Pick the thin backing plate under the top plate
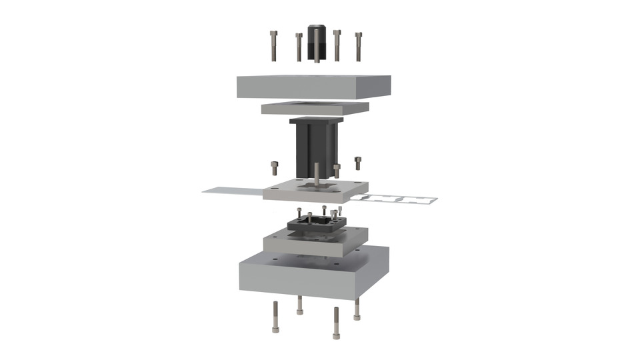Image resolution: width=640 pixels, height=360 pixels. point(315,107)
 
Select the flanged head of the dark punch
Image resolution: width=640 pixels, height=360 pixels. point(316,121)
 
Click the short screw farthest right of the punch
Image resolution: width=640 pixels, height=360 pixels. point(358,163)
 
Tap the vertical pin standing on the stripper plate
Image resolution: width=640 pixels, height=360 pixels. point(316,172)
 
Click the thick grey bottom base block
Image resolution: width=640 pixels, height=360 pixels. point(313,277)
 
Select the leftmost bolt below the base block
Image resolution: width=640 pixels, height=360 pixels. point(275,317)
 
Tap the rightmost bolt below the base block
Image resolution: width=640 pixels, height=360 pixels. point(357,309)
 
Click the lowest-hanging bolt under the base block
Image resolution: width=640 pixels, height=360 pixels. point(336,323)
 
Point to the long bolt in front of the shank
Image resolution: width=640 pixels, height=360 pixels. point(316,47)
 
